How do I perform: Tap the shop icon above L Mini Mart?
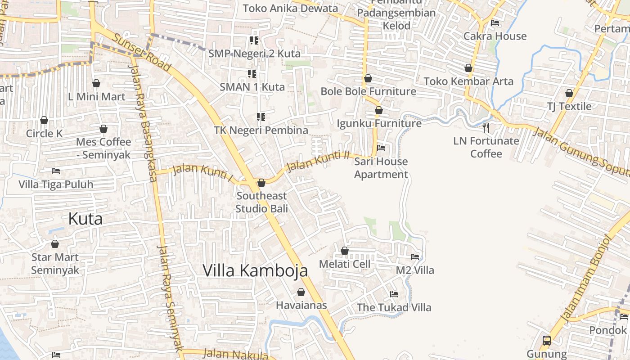point(96,83)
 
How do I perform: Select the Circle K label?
point(44,133)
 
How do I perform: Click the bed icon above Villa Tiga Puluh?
point(56,171)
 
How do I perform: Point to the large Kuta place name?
point(85,219)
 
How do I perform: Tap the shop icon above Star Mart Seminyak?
point(55,244)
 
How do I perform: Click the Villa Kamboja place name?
point(255,270)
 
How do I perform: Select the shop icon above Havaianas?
point(301,292)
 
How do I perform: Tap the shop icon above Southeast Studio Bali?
point(261,183)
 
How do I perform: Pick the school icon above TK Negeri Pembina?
point(261,117)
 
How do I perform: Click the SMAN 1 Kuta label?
point(252,87)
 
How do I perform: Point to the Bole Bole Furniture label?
point(368,91)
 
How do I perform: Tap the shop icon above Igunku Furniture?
point(379,110)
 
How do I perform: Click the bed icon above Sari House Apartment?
point(381,148)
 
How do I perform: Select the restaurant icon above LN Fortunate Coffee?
point(486,128)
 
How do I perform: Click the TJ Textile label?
point(569,106)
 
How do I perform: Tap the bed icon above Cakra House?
point(495,22)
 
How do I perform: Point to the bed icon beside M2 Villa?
point(415,257)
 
